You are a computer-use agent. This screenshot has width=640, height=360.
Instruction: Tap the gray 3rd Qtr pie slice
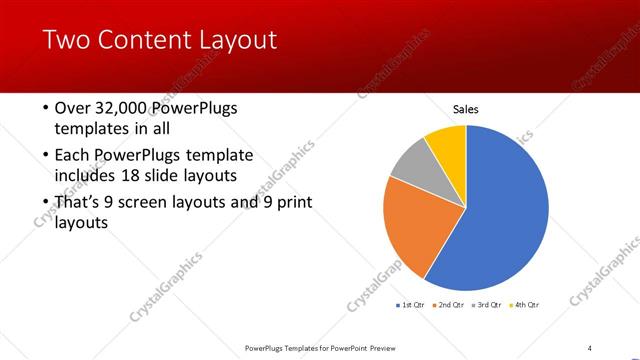pos(412,164)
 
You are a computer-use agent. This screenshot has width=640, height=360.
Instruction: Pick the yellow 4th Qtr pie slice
pos(448,146)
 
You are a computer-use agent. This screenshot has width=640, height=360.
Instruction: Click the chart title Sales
pos(466,108)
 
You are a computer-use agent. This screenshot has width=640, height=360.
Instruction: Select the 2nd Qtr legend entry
pos(450,304)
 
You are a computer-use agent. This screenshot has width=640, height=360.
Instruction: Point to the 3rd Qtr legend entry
pos(487,304)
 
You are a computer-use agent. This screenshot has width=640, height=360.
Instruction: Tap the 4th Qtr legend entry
pos(525,304)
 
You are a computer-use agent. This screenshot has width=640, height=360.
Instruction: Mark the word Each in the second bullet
pos(73,155)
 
